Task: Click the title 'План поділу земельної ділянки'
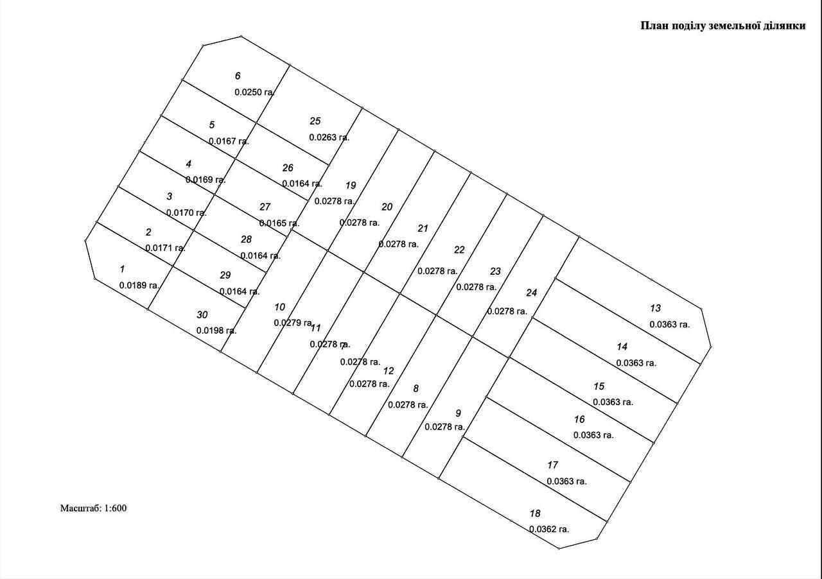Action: (x=723, y=26)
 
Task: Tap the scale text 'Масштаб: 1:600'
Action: (x=94, y=508)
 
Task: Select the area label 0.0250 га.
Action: (x=255, y=92)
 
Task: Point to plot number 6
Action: (x=238, y=76)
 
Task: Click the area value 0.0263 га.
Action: (x=329, y=137)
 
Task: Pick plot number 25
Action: (x=315, y=121)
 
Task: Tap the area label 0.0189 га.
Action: (x=139, y=286)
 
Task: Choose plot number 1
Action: (x=122, y=269)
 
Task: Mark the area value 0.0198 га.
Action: (x=216, y=331)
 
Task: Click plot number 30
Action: (x=202, y=315)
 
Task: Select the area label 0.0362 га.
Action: (x=549, y=530)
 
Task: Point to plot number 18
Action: (x=535, y=514)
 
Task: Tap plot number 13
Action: (x=655, y=308)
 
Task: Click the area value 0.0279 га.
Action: (x=293, y=323)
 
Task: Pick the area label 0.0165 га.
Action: (x=279, y=223)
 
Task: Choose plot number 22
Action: (x=459, y=250)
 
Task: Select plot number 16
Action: (x=579, y=419)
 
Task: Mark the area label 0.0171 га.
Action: (x=166, y=248)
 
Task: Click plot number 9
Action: (x=458, y=413)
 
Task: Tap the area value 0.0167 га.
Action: (x=229, y=141)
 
